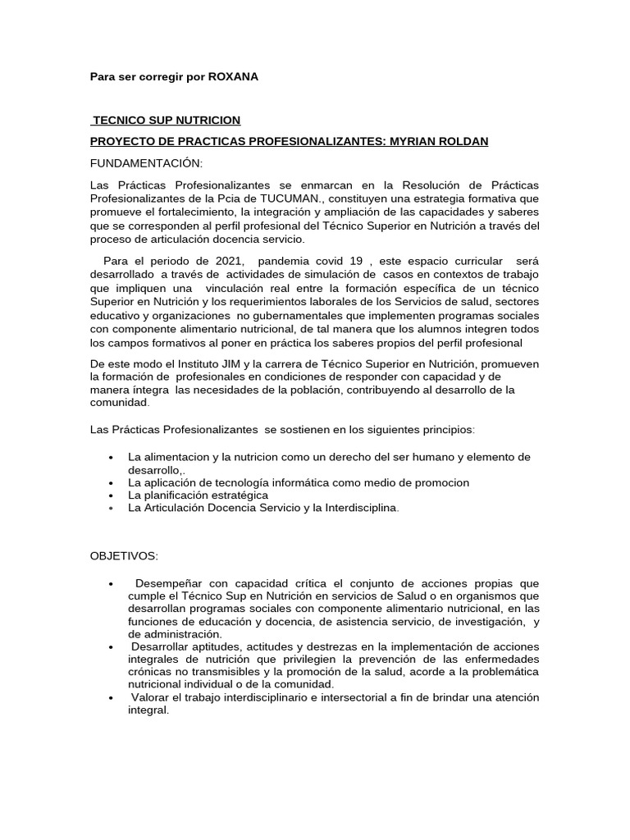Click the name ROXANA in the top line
point(234,76)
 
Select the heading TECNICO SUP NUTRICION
point(167,121)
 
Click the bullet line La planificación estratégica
point(198,495)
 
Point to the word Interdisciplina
point(353,508)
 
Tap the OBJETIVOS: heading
point(123,555)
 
